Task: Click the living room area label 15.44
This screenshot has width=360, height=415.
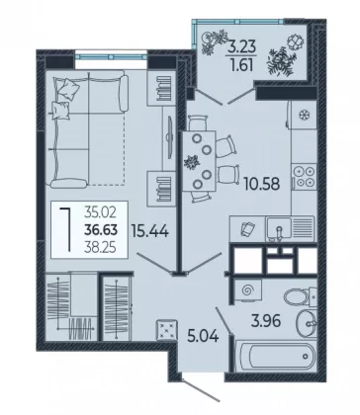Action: coord(150,230)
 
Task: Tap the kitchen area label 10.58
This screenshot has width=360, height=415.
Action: coord(262,184)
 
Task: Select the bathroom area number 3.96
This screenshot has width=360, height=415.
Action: coord(266,321)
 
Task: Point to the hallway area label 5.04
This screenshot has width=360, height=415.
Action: coord(203,336)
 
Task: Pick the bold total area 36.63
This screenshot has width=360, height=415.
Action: coord(101,229)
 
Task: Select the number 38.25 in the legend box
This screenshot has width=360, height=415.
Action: coord(100,247)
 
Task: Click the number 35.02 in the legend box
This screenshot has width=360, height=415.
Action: coord(100,212)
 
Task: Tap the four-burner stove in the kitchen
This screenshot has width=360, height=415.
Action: coord(304,177)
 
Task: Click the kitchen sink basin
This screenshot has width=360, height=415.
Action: coord(279,227)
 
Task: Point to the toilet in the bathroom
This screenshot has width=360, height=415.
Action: coord(300,295)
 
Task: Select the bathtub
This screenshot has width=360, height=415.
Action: coord(276,357)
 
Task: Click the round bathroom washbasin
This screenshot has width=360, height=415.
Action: coord(307,324)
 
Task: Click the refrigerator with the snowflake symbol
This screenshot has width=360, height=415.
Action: coord(302,115)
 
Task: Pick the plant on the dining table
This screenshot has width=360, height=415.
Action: coord(191,162)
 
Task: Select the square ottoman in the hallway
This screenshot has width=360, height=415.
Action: coord(167,329)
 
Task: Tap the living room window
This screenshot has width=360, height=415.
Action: coord(111,56)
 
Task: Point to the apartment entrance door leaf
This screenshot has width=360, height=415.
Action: coord(201,390)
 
